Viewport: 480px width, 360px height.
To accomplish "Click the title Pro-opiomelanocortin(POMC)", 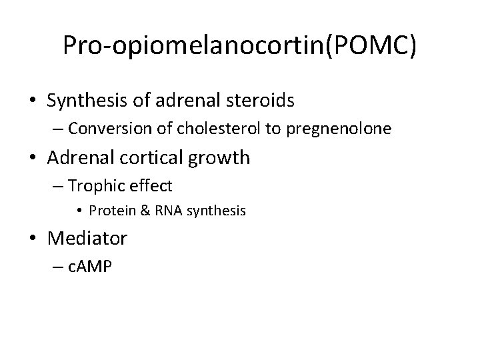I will (x=240, y=45).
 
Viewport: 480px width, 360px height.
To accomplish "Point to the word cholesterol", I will (x=225, y=129).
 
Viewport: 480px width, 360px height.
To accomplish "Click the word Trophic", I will (x=97, y=185).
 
